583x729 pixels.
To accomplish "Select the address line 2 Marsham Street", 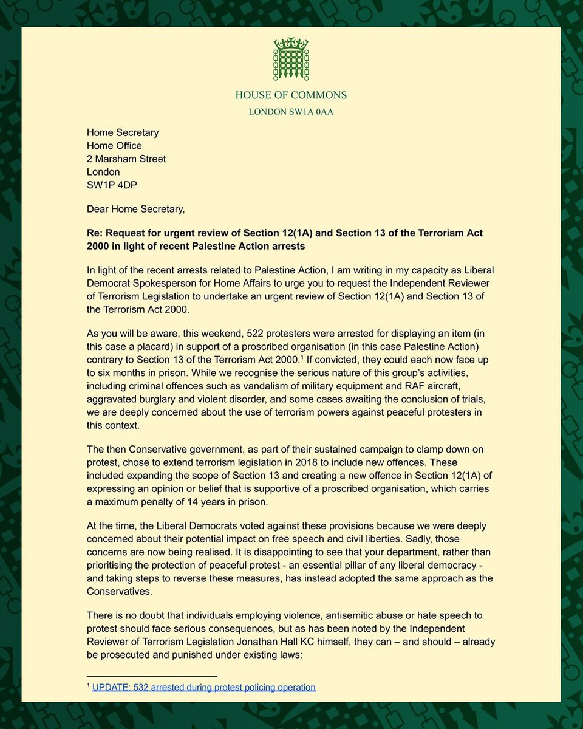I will (126, 159).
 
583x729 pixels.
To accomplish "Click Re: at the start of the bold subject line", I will (95, 234).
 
